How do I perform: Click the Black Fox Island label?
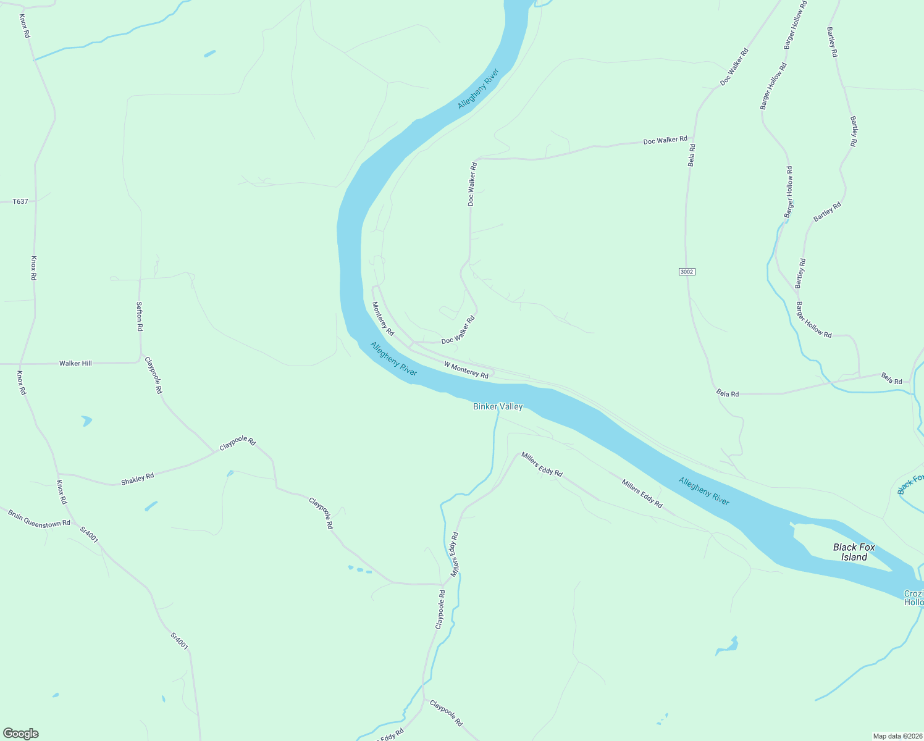click(854, 552)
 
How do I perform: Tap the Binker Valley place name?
click(498, 406)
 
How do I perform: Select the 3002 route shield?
click(687, 272)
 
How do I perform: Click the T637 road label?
click(20, 201)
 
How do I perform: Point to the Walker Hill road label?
click(75, 363)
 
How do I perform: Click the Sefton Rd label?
click(140, 316)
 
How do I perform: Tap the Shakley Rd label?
click(137, 479)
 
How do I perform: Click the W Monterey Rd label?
click(466, 369)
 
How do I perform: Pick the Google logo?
click(20, 734)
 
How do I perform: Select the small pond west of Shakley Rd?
click(86, 421)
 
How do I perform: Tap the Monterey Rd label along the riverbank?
click(383, 318)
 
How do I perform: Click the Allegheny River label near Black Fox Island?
click(703, 492)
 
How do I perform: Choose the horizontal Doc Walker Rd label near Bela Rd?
click(665, 141)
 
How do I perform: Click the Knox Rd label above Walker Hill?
click(34, 268)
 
